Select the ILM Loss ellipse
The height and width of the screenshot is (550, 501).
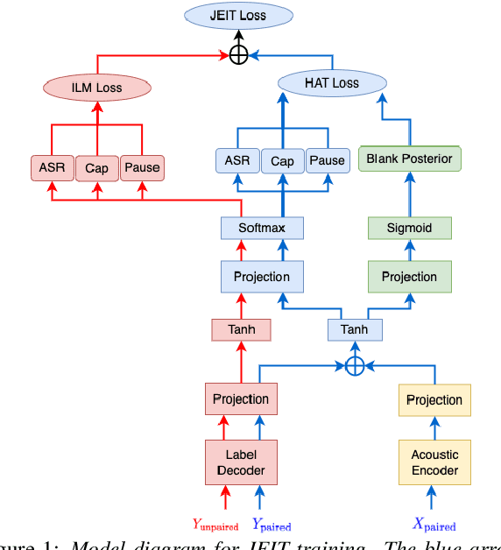tap(97, 88)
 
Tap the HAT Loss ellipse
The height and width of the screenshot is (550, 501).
tap(332, 83)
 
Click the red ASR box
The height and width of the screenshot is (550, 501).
tap(51, 167)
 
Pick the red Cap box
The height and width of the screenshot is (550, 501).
tap(96, 167)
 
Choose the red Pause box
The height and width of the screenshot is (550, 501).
tap(142, 167)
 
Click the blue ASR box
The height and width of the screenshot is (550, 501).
tap(237, 160)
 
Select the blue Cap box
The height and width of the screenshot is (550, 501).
tap(282, 160)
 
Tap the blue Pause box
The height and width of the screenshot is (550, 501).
tap(327, 160)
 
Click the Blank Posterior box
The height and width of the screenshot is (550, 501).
tap(409, 159)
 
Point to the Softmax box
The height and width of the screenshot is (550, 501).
tap(262, 229)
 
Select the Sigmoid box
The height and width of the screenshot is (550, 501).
tap(409, 229)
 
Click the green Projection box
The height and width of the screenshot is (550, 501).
tap(409, 277)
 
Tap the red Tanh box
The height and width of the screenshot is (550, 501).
tap(240, 329)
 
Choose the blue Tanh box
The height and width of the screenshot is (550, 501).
tap(354, 329)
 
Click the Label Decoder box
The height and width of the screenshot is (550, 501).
tap(241, 462)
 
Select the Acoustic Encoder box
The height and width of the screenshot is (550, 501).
tap(434, 462)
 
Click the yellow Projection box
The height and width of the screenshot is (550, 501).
tap(434, 399)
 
